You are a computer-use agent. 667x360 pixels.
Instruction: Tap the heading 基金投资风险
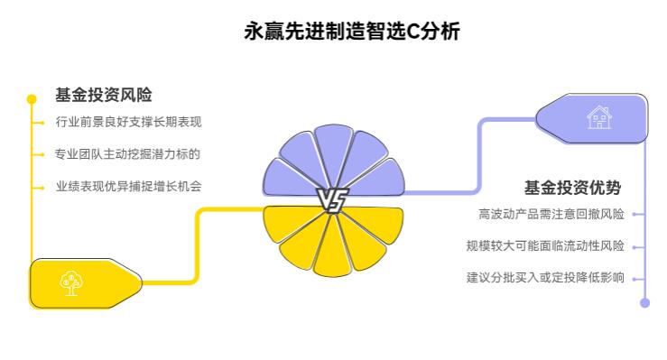pos(104,94)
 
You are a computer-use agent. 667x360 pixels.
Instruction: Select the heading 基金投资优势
pos(573,188)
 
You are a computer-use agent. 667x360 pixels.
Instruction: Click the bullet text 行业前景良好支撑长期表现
pos(128,121)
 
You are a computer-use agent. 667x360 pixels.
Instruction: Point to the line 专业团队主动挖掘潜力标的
pos(128,154)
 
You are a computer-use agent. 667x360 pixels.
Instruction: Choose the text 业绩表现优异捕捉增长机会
pos(128,187)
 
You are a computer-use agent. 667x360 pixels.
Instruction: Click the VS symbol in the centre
pos(332,200)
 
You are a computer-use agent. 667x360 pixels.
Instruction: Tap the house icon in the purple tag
pos(598,118)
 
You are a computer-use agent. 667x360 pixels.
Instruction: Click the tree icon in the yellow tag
pos(69,282)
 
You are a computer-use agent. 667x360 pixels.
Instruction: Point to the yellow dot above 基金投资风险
pos(32,98)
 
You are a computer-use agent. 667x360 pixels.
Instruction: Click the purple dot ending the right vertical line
pos(644,303)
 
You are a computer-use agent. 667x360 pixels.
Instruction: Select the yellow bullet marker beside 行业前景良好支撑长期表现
pos(42,121)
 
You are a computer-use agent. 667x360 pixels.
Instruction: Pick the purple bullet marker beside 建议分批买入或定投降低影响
pos(635,277)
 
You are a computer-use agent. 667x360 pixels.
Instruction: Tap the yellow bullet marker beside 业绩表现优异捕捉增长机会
pos(42,187)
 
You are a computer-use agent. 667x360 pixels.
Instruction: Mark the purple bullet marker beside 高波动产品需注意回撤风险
pos(635,214)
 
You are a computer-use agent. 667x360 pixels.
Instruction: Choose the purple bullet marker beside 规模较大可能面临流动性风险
pos(635,245)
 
